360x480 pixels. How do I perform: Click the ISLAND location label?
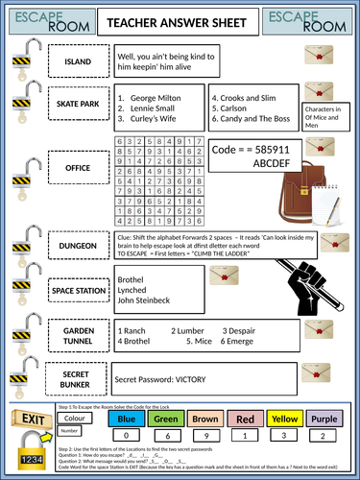(77, 62)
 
